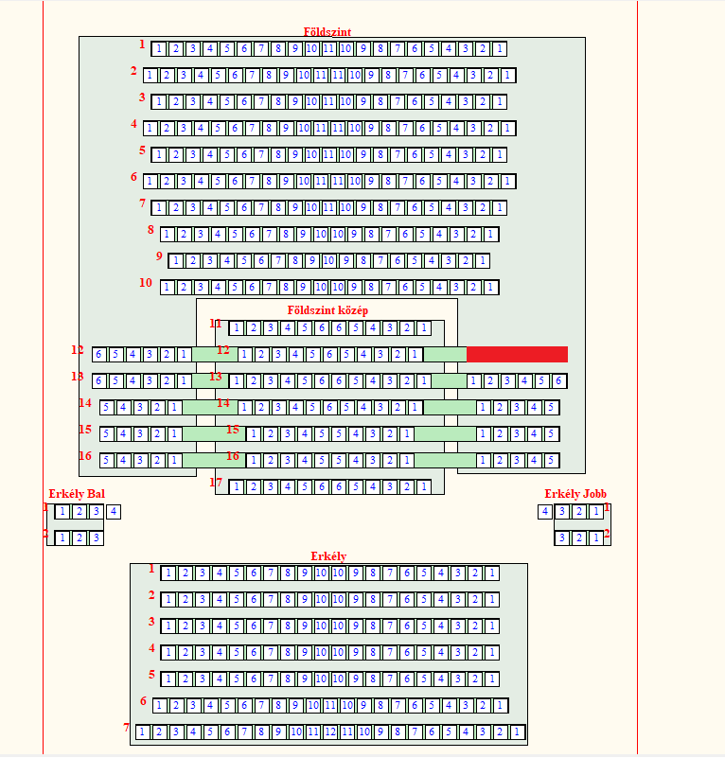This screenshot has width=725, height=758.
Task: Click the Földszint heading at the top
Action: coord(327,31)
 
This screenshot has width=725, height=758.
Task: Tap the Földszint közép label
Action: coord(327,309)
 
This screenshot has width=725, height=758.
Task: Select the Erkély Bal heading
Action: coord(77,494)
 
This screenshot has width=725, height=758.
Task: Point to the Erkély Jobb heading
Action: coord(575,494)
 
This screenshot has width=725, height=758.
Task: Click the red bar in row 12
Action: coord(517,354)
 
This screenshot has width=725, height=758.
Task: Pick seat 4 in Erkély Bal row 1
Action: coord(114,512)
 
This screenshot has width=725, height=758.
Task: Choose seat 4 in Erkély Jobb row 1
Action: coord(545,512)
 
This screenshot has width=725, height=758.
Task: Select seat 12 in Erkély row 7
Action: coord(330,732)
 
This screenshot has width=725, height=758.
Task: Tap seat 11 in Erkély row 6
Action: coord(330,705)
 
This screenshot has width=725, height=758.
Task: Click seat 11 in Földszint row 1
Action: coord(329,48)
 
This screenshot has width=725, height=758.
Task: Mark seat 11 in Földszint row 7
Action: coord(329,207)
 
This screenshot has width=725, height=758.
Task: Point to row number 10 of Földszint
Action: coord(146,283)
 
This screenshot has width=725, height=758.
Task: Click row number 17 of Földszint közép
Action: coord(216,483)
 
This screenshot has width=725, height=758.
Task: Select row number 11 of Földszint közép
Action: coord(216,324)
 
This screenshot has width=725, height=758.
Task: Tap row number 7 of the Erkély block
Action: coord(127,728)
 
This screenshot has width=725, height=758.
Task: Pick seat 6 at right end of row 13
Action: coord(559,381)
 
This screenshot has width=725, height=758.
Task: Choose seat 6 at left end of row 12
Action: coord(98,355)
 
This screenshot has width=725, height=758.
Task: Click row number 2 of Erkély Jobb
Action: coord(607,534)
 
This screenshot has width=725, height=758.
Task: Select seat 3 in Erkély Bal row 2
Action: coord(96,538)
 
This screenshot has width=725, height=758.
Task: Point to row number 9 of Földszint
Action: coord(159,256)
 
